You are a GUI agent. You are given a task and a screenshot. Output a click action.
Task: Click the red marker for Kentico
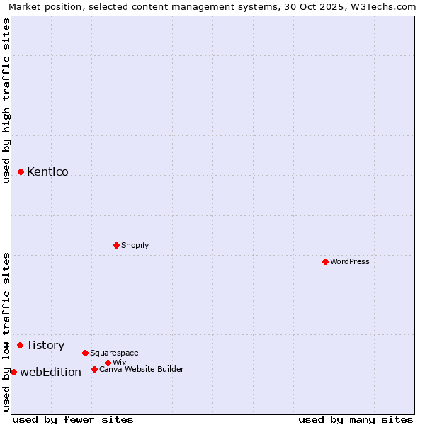click(21, 171)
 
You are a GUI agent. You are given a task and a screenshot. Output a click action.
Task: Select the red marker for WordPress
click(325, 261)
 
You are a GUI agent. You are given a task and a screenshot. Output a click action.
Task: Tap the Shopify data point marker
click(116, 245)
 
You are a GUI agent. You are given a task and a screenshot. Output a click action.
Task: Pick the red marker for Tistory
click(21, 345)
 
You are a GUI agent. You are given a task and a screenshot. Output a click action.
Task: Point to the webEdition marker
click(13, 372)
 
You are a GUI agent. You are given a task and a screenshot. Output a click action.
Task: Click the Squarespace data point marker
click(85, 353)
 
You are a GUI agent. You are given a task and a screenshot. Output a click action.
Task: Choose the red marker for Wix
click(108, 363)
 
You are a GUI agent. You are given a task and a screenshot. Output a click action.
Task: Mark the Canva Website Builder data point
click(94, 369)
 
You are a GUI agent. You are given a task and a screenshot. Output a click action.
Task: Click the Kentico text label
click(47, 171)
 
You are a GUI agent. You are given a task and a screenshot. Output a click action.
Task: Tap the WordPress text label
click(350, 261)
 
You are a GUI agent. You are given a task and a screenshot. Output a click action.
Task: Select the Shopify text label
click(135, 245)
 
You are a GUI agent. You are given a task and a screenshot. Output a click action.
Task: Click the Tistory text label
click(45, 345)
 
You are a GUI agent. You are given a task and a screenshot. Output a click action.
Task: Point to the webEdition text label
click(50, 372)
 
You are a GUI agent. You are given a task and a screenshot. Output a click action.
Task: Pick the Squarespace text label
click(114, 353)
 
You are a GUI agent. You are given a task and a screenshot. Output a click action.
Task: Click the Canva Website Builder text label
click(142, 369)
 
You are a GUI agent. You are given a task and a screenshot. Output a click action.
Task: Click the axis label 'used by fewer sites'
click(73, 419)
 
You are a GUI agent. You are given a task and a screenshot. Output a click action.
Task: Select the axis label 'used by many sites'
click(356, 419)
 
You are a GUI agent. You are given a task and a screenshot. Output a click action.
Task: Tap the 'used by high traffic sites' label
click(6, 101)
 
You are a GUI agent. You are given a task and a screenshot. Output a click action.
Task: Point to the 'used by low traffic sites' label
click(6, 331)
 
